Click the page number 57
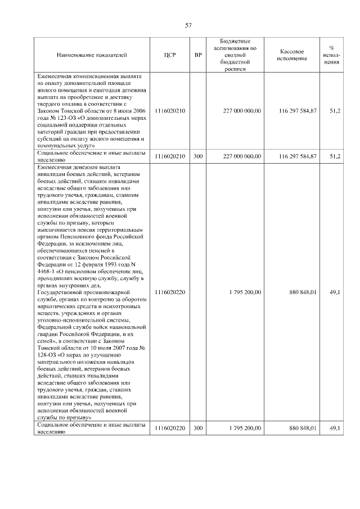point(189,25)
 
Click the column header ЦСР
point(170,55)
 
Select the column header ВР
point(197,55)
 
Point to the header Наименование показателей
point(92,55)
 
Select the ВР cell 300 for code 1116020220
point(197,429)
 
